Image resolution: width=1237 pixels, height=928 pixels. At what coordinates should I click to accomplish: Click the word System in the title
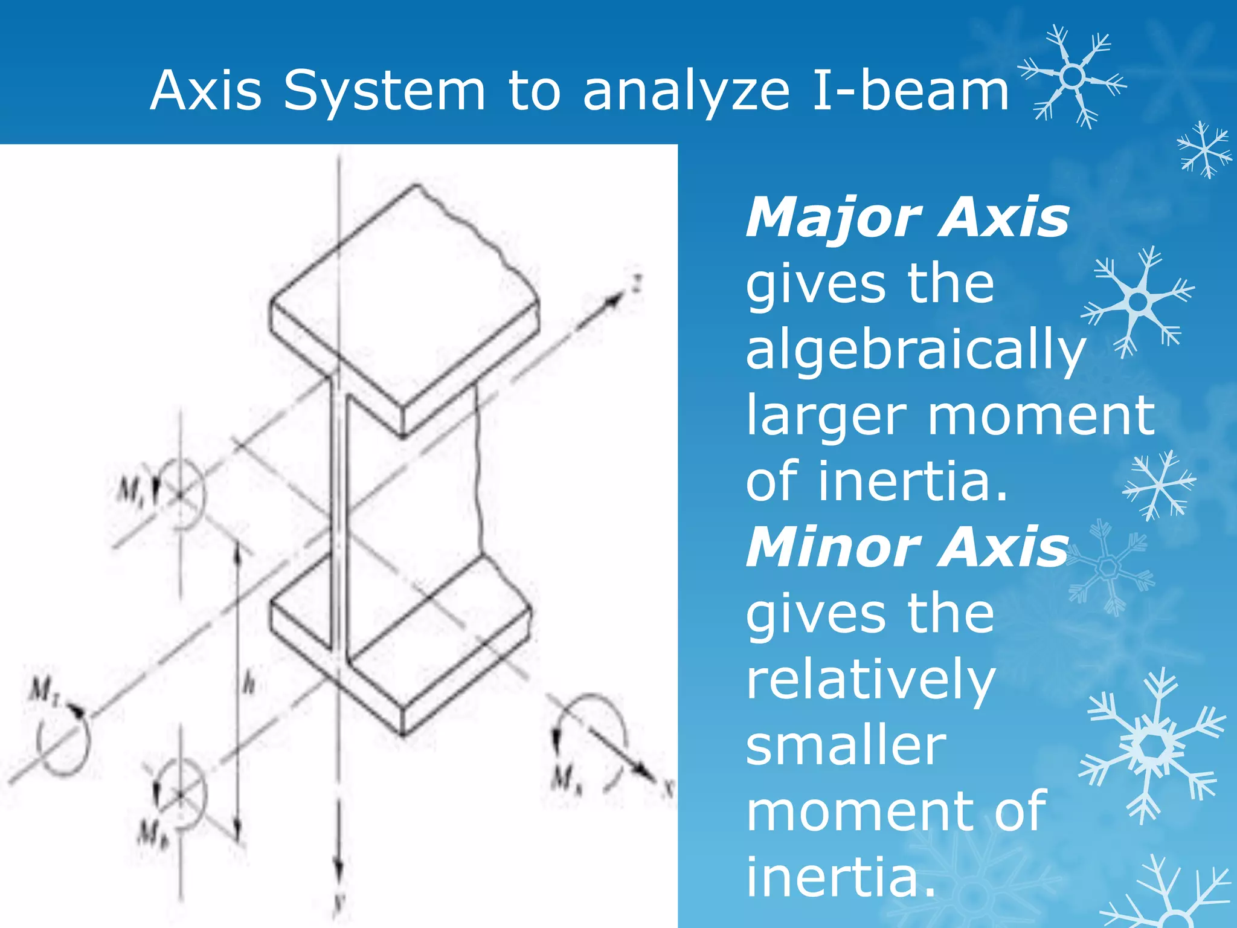pos(384,91)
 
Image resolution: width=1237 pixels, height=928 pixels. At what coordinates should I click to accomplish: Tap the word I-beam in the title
pos(911,91)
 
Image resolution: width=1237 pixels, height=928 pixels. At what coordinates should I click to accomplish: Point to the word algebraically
pos(916,350)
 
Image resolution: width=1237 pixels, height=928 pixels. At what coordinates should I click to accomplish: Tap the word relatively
pos(870,680)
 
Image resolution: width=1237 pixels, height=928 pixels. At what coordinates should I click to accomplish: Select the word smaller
pos(846,746)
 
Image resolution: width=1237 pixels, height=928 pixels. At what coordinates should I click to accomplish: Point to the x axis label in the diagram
pos(668,788)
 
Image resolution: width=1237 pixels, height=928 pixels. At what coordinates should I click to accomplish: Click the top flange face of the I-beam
pos(405,290)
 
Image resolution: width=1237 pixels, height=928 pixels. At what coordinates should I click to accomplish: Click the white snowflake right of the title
pos(1072,76)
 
